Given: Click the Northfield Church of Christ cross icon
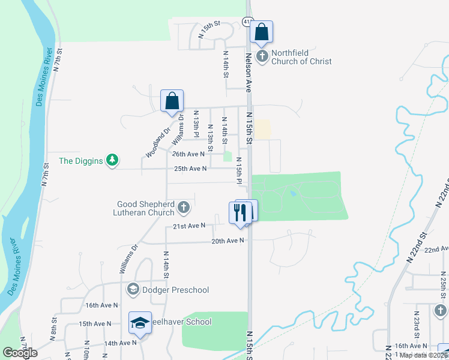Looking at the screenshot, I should [x=262, y=57].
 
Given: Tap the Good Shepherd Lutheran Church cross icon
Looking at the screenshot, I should [x=184, y=208].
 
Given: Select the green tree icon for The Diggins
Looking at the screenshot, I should [x=112, y=160].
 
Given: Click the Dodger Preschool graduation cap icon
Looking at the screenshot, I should [x=133, y=290].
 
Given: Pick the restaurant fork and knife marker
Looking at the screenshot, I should [x=238, y=212].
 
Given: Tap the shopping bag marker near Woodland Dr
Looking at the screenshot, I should [x=172, y=101].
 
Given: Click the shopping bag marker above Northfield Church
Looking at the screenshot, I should [x=262, y=32].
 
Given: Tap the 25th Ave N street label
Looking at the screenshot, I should [x=190, y=169].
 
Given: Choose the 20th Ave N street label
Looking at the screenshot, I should [x=228, y=241].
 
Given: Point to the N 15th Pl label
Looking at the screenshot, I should [x=239, y=171].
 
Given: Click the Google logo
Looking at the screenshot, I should [x=20, y=353].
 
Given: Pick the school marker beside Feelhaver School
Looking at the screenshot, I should [x=140, y=322].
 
